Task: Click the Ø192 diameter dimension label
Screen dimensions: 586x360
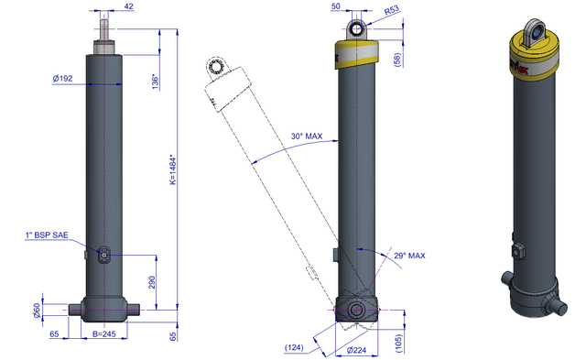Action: click(x=62, y=79)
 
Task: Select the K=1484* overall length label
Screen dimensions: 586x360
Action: click(x=173, y=169)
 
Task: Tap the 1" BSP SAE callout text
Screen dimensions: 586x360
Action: click(x=47, y=235)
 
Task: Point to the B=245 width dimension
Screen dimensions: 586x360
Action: click(x=103, y=333)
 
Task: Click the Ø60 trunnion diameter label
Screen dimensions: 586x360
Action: click(x=37, y=311)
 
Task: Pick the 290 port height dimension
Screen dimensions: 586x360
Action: click(x=152, y=282)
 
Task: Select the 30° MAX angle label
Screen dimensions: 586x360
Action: click(x=307, y=136)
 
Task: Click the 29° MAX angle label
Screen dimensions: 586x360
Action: click(x=409, y=256)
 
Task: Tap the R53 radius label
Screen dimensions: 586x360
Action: click(x=392, y=10)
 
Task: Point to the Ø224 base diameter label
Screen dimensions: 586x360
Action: click(x=356, y=350)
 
